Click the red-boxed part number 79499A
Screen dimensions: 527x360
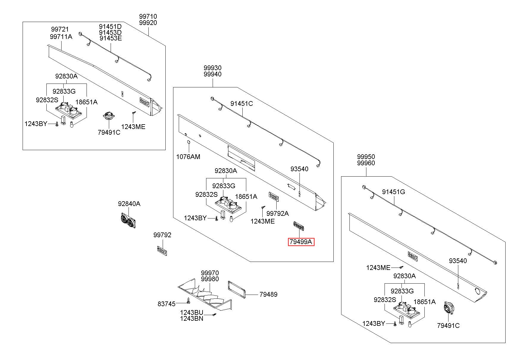coord(301,242)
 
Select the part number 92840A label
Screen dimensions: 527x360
coord(129,204)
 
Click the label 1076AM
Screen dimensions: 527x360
coord(188,157)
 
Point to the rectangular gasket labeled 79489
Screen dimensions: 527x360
coord(237,290)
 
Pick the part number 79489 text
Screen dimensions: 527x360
coord(268,294)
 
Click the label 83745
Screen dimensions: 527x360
coord(167,304)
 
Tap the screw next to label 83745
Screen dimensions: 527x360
coord(188,301)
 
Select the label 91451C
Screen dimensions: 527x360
coord(241,103)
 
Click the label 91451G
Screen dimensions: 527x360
coord(393,192)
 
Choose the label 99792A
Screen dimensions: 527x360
coord(277,213)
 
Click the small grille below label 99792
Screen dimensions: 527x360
coord(162,251)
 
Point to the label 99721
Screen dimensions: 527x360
coord(60,29)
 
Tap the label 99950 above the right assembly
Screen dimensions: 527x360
coord(366,157)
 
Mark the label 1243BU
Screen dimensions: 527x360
coord(192,312)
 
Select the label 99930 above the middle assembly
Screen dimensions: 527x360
coord(213,68)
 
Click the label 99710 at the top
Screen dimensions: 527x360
coord(148,16)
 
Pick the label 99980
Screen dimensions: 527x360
coord(210,279)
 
